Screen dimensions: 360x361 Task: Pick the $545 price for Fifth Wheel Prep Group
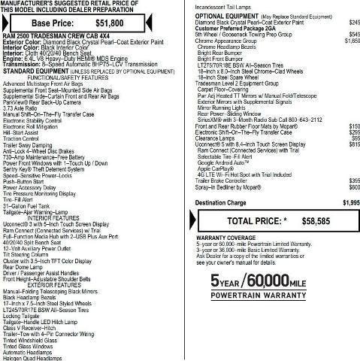354,34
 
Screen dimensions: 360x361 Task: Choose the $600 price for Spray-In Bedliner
354,187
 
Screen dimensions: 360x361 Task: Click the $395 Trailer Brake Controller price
354,181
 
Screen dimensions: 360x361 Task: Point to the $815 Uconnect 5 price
354,144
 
